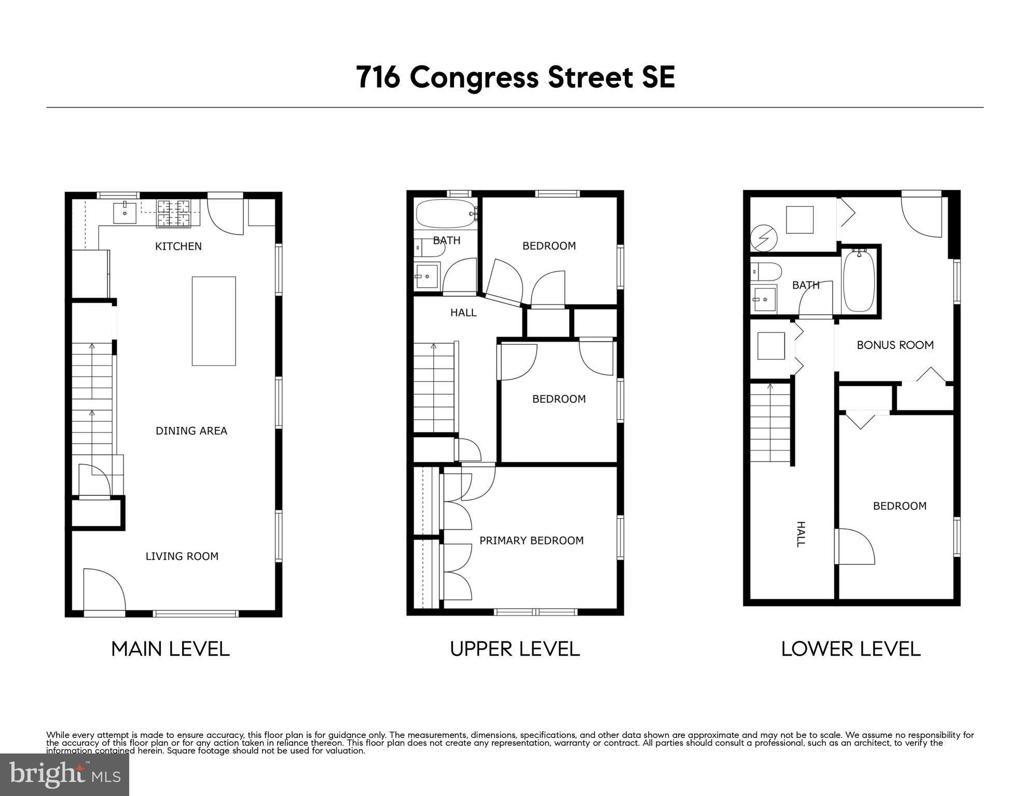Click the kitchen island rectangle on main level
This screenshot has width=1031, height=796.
[x=214, y=321]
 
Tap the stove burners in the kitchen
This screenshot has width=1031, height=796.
[x=174, y=213]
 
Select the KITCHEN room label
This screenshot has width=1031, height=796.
[x=178, y=246]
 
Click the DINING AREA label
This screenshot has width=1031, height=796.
[x=191, y=431]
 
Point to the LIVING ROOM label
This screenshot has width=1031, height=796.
[x=182, y=556]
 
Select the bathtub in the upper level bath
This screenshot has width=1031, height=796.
[x=445, y=214]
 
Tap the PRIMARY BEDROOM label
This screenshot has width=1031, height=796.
[x=531, y=541]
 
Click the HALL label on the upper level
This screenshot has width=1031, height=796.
[x=463, y=313]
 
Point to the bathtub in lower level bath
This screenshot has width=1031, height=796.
[x=859, y=281]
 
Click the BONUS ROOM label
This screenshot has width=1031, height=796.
[x=895, y=345]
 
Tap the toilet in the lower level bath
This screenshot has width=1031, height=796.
[x=766, y=271]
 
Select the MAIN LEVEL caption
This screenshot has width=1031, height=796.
[x=170, y=649]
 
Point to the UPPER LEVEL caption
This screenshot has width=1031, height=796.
[x=515, y=649]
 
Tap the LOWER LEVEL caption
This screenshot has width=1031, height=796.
[x=851, y=649]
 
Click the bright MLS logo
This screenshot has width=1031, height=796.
[x=64, y=774]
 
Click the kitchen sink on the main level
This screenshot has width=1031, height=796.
[x=125, y=213]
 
